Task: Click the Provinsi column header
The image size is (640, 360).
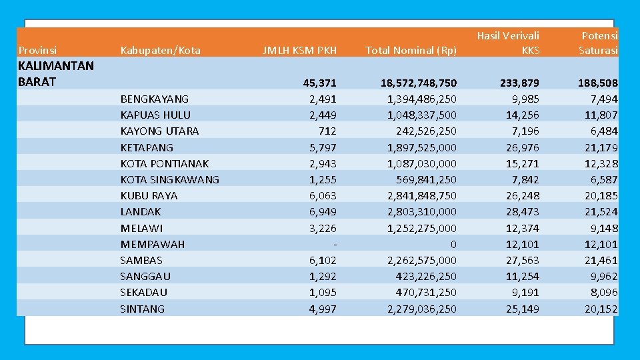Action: click(37, 50)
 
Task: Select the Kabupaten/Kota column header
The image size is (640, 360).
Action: click(160, 50)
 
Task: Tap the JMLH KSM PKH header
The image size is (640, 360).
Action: click(299, 50)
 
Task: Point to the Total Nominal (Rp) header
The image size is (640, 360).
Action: click(411, 50)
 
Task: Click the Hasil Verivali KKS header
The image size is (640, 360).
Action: click(508, 42)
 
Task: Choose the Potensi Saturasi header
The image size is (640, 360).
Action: click(598, 42)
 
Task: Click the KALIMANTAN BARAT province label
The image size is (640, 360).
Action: click(56, 73)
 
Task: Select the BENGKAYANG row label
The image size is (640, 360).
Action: click(154, 99)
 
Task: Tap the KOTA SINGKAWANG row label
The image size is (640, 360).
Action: click(169, 179)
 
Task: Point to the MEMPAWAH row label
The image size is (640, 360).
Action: click(152, 244)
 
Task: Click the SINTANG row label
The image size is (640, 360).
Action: click(142, 309)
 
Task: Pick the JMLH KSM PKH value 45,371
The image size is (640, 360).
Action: click(320, 83)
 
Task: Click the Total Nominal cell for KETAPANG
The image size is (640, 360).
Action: click(422, 147)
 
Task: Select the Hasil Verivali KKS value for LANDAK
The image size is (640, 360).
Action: click(522, 211)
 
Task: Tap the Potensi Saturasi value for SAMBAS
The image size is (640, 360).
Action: click(601, 260)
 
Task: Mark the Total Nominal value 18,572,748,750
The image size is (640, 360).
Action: click(419, 83)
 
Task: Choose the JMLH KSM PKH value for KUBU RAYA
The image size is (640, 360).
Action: click(323, 195)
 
